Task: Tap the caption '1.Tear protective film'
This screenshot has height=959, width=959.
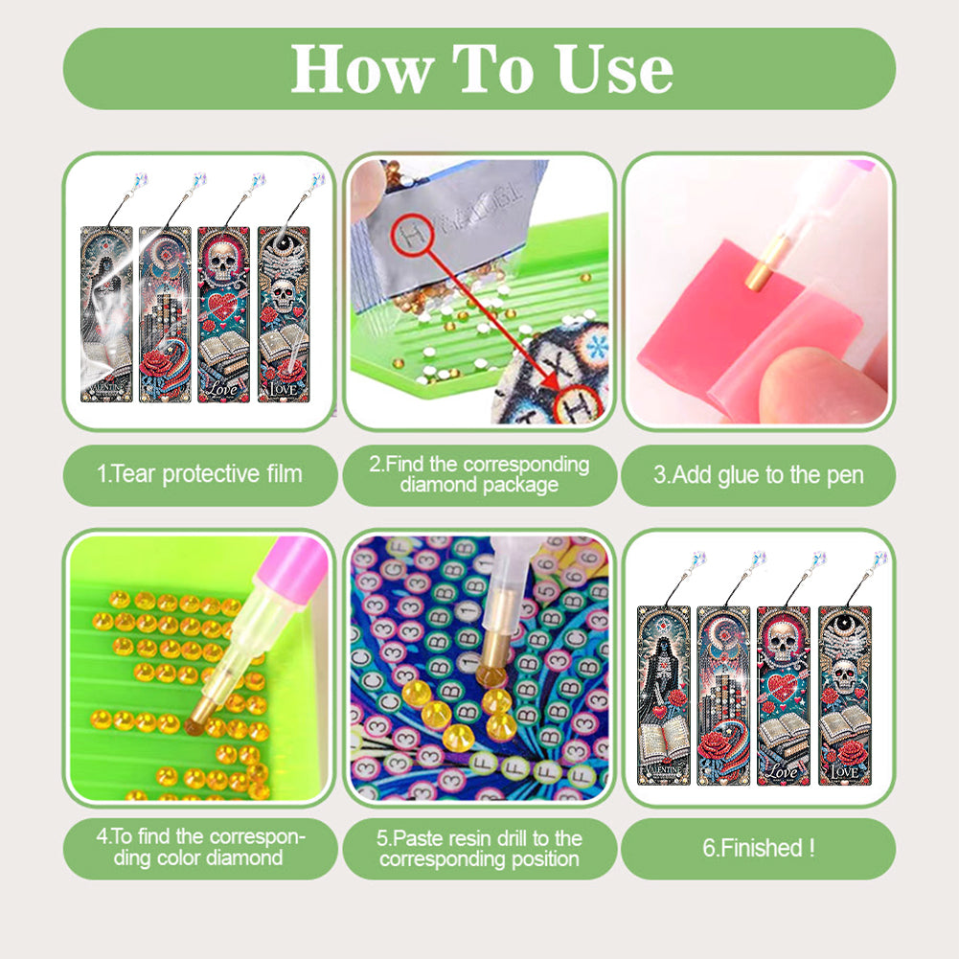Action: point(199,473)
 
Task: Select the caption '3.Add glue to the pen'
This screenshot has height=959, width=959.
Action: point(758,474)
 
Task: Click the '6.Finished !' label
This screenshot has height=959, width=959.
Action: point(758,847)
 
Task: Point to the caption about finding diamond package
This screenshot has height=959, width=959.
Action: point(479,474)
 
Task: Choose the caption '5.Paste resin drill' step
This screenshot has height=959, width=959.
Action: point(479,848)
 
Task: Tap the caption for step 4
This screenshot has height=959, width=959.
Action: point(201,848)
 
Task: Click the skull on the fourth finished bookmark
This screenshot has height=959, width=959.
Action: point(842,675)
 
